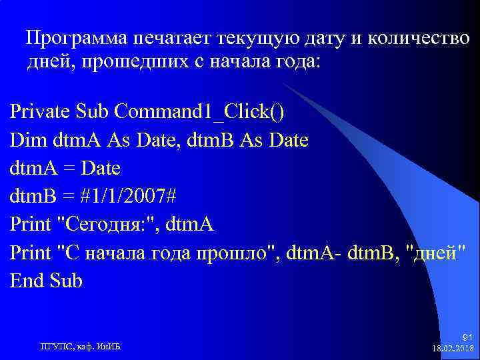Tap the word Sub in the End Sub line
point(66,281)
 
